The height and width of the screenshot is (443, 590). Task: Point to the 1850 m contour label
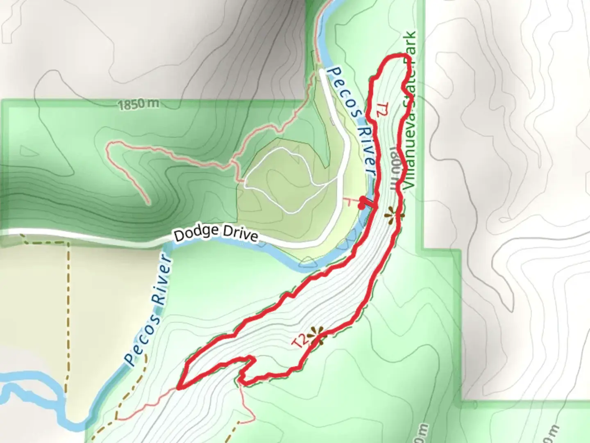tap(138, 105)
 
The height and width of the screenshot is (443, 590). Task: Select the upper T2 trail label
tap(381, 110)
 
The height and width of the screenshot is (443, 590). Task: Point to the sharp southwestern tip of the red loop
tap(179, 387)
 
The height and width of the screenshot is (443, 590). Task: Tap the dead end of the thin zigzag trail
tap(147, 203)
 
